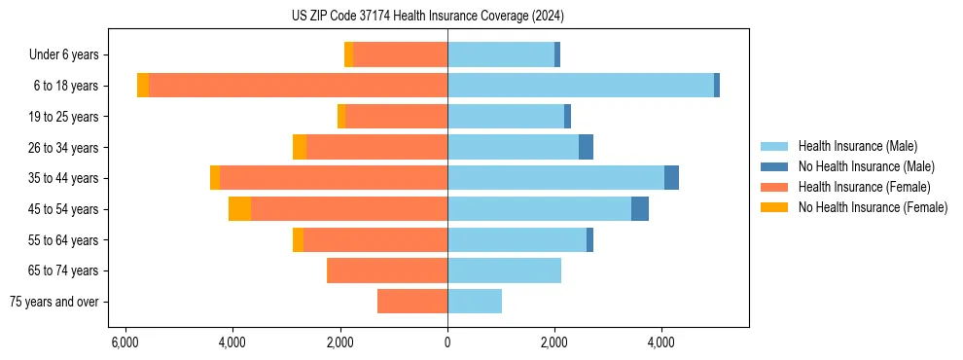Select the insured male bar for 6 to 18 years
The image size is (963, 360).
(x=581, y=86)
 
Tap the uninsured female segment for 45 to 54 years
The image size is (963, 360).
(x=239, y=209)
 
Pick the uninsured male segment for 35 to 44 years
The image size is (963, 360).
(x=671, y=178)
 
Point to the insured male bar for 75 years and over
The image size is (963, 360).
(x=475, y=302)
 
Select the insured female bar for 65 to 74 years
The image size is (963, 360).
(x=387, y=270)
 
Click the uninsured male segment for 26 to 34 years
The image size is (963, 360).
(x=586, y=147)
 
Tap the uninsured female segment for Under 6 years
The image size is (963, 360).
(x=348, y=54)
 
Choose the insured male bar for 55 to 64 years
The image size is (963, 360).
(x=517, y=240)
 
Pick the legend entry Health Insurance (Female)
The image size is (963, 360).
(x=863, y=187)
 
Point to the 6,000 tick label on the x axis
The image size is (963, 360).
(x=125, y=342)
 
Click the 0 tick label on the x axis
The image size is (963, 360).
(x=447, y=342)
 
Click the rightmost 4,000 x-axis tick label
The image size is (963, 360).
(x=661, y=342)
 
